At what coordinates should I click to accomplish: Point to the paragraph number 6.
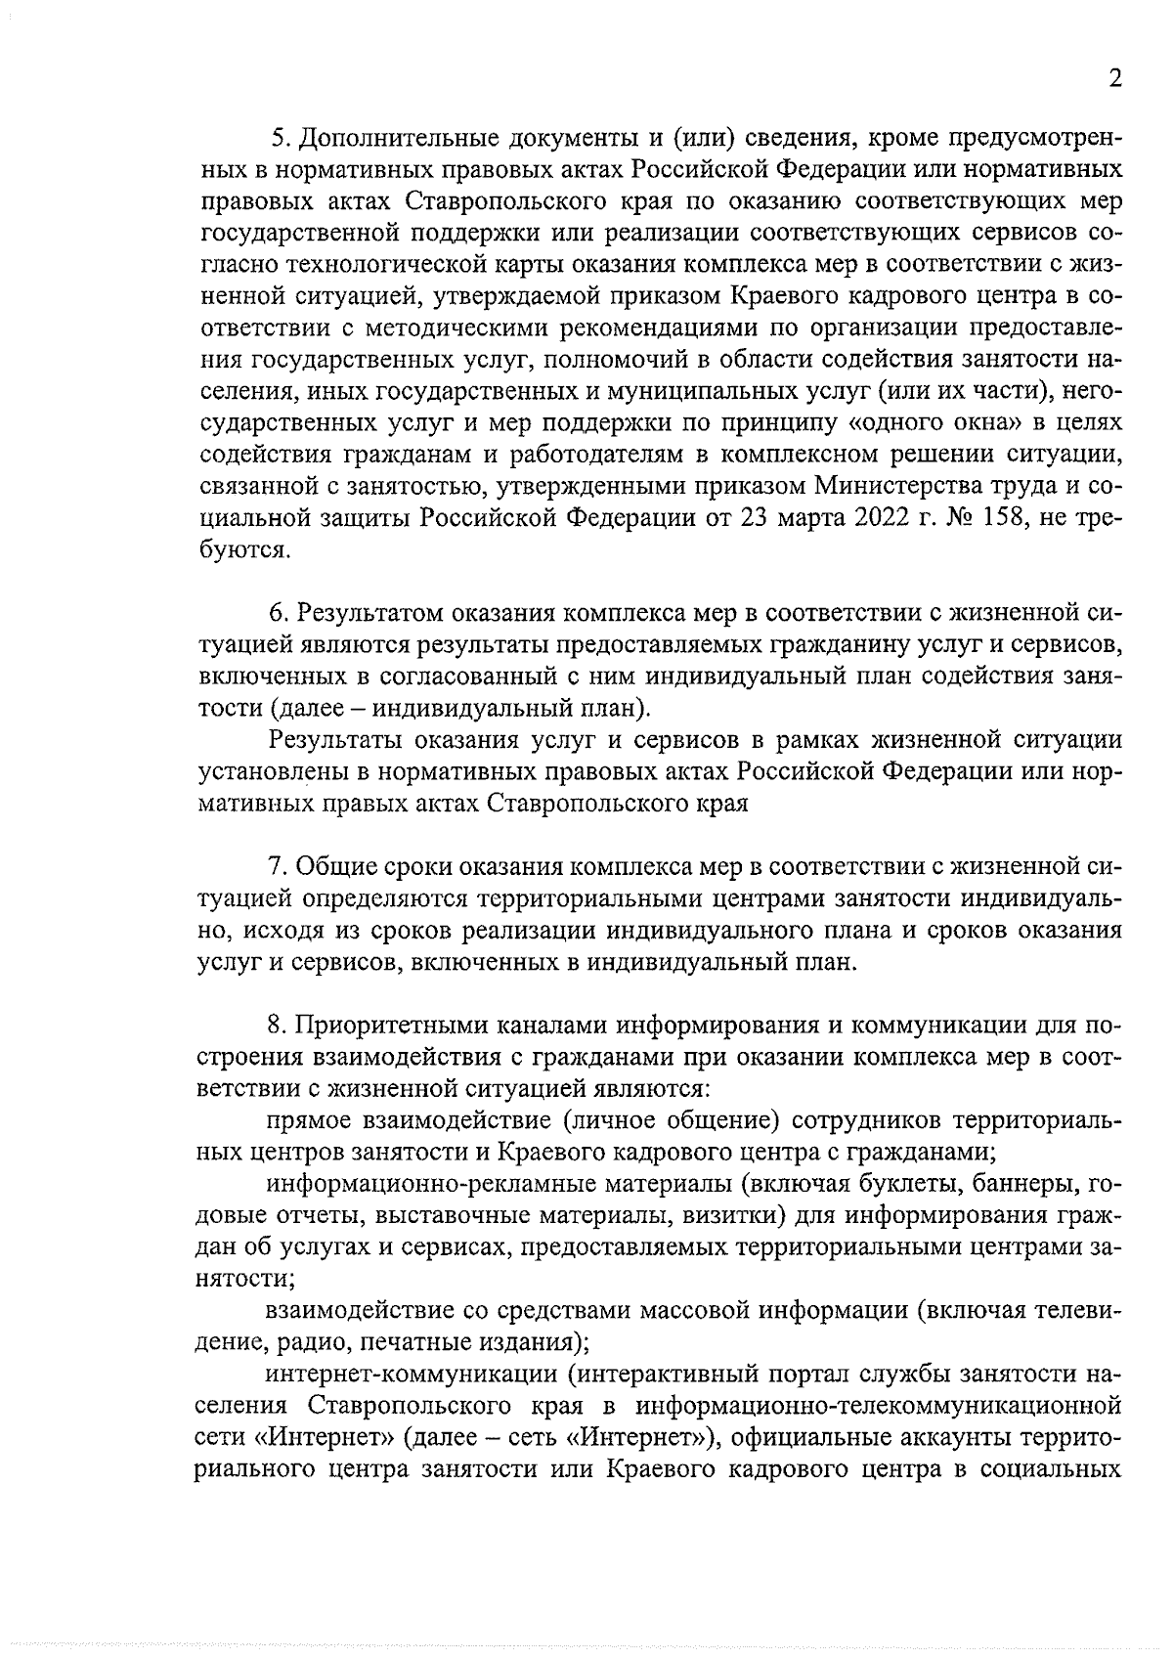(277, 613)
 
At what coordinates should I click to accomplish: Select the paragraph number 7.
(276, 866)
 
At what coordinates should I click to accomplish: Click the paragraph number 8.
(276, 1026)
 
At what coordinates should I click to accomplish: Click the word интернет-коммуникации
(413, 1375)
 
